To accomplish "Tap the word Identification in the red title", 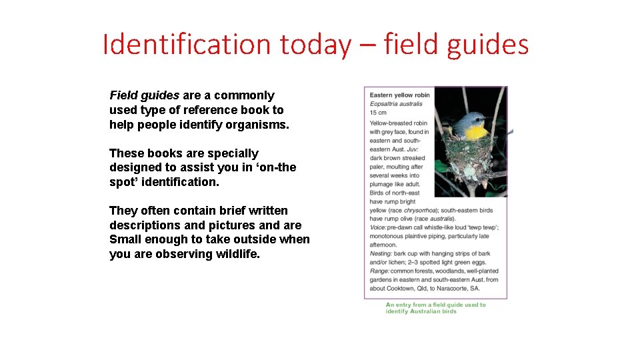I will pos(186,45).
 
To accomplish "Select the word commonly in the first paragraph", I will pos(244,95).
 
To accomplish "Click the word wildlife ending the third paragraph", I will pos(235,254).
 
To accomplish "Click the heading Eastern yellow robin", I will pos(400,95).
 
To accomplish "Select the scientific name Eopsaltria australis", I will pos(396,103).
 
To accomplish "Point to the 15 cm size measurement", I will pos(379,112).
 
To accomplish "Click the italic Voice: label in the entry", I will pos(379,227).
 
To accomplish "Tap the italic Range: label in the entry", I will pos(380,271).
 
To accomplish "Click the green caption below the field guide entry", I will pos(436,308).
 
